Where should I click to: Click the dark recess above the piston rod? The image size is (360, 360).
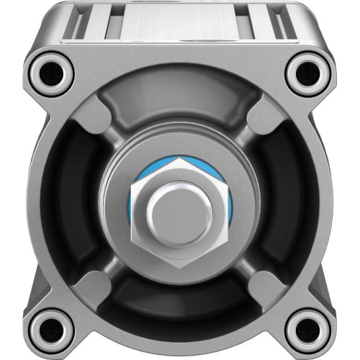click(x=179, y=108)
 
